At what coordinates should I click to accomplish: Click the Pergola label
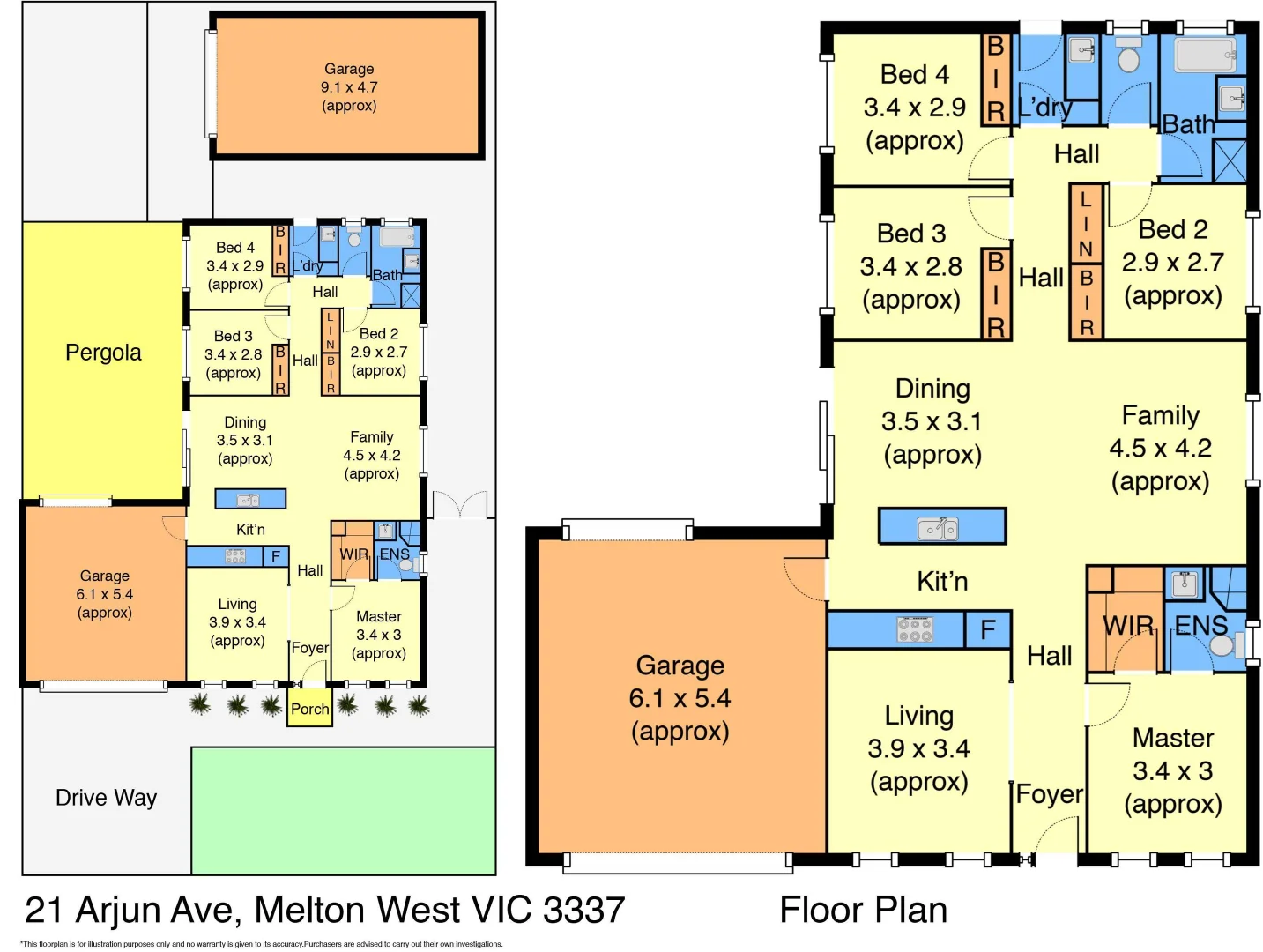103,353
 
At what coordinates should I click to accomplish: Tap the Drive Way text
106,798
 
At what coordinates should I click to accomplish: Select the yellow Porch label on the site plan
309,709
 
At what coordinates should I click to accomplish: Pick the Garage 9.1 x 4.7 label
349,87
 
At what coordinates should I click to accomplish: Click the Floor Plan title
863,910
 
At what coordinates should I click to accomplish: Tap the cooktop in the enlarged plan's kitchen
915,629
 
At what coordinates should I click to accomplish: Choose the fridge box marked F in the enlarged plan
988,629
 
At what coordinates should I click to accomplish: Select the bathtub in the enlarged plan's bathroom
1205,55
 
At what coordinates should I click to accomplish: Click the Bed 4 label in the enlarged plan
914,75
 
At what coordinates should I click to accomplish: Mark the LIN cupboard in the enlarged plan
1086,224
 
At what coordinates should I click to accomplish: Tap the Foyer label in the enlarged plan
1049,794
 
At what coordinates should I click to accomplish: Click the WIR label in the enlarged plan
1128,625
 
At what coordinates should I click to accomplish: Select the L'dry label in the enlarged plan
1045,108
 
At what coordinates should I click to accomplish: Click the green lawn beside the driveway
343,810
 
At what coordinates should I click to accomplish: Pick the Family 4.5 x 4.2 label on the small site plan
371,455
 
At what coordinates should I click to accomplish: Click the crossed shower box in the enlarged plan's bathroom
1230,160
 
